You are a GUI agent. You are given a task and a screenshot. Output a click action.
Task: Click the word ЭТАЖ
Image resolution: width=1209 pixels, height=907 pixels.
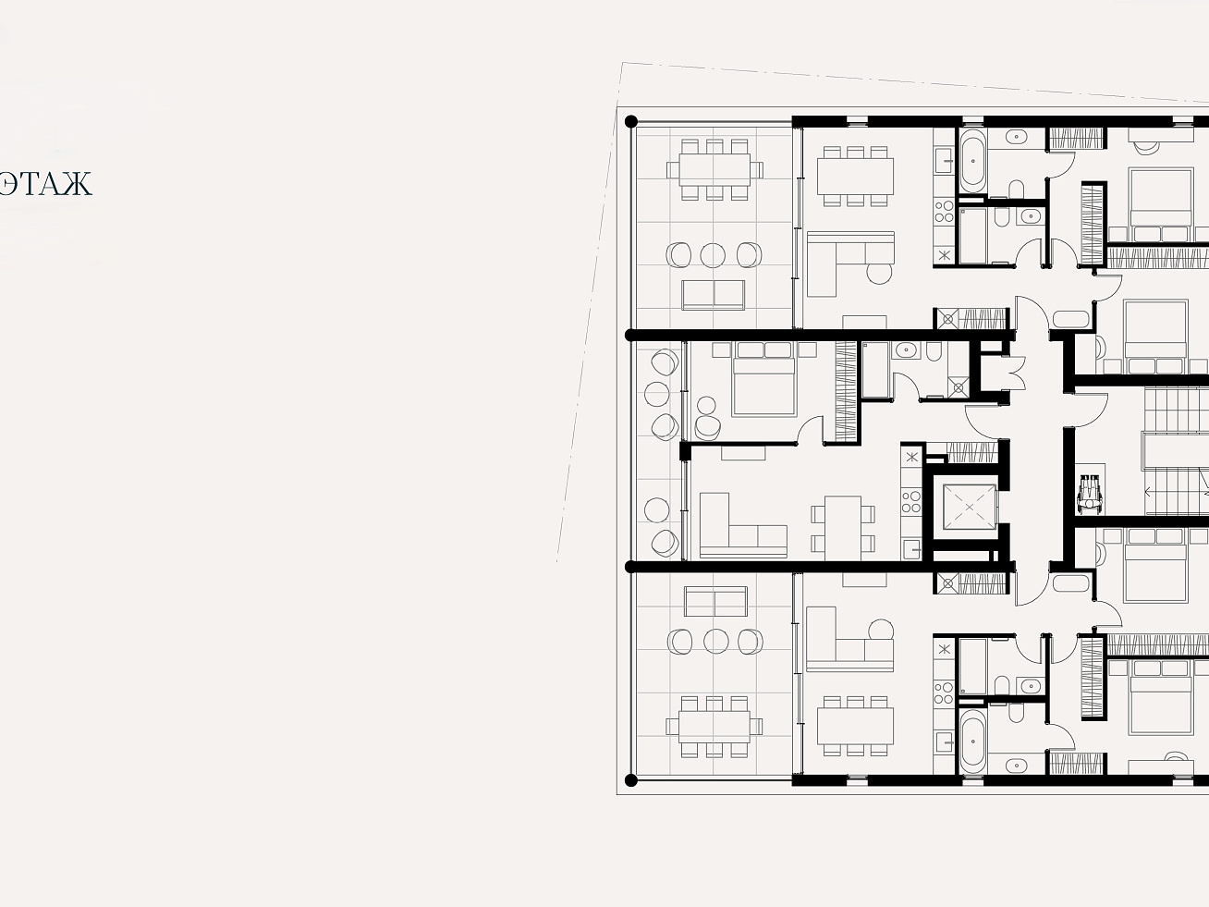(45, 184)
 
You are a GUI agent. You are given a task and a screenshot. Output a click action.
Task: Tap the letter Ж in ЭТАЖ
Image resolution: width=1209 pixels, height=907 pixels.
(78, 184)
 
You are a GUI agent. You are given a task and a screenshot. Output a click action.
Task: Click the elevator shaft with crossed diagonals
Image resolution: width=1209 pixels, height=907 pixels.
(970, 507)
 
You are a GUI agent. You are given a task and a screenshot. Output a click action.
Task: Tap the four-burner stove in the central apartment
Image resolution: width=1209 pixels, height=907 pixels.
(911, 501)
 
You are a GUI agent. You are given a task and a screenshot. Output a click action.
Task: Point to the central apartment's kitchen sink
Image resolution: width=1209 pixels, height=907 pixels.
(911, 549)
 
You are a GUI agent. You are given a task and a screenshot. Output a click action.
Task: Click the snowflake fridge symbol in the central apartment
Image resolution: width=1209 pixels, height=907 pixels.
(911, 456)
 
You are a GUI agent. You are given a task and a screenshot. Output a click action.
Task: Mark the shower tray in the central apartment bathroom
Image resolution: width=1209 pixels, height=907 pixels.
(959, 387)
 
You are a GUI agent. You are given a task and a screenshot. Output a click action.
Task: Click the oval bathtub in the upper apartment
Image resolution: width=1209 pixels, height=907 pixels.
(972, 161)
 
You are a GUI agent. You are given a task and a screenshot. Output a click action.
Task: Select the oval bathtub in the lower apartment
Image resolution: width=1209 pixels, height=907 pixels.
(972, 742)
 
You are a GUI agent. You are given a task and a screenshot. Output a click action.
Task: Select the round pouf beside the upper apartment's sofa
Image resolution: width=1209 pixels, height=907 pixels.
(879, 273)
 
